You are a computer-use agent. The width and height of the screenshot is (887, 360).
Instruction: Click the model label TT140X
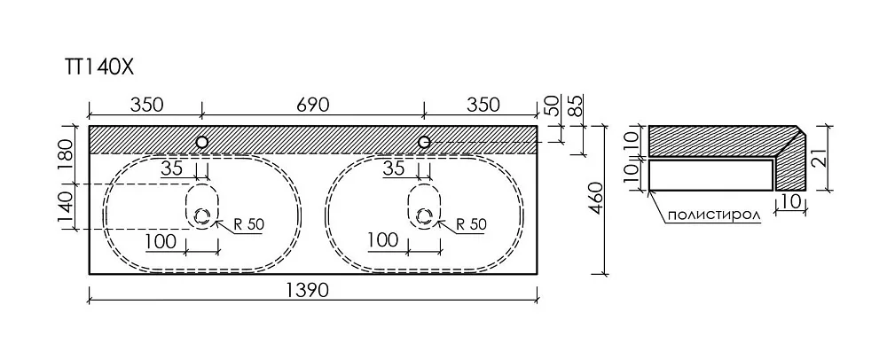98,67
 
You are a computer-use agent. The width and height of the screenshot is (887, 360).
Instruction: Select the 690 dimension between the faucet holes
311,105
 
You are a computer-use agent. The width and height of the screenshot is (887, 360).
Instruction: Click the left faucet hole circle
201,142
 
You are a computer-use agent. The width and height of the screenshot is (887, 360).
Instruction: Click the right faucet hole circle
424,142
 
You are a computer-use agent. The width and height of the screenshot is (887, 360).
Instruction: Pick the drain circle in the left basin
202,215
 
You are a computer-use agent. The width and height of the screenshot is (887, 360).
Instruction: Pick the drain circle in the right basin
424,215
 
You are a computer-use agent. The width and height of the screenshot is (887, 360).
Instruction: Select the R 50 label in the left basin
248,224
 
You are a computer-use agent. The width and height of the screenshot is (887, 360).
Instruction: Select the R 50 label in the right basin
471,224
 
